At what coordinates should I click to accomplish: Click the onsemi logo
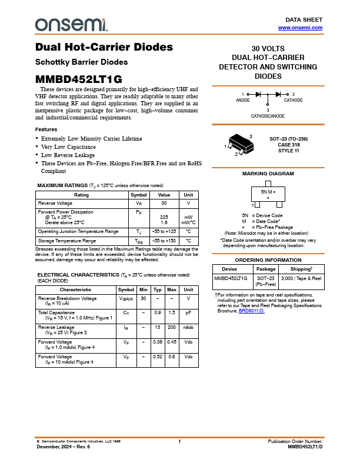click(71, 24)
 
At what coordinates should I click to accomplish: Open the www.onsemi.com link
click(300, 28)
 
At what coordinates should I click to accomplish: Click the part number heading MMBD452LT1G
click(79, 79)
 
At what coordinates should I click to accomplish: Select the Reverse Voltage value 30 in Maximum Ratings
click(164, 203)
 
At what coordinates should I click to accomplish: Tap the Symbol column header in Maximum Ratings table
click(139, 195)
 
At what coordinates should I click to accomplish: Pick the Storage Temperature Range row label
click(67, 241)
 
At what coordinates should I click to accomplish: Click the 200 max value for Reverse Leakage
click(172, 327)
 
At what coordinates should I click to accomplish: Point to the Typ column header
click(158, 289)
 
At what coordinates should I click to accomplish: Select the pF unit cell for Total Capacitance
click(188, 312)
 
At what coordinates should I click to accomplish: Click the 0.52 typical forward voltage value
click(158, 357)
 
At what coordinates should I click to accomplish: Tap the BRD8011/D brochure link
click(252, 310)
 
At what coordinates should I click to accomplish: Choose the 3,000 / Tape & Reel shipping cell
click(301, 278)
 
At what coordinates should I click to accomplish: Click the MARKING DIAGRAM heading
click(268, 174)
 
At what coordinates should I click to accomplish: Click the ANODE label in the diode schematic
click(243, 100)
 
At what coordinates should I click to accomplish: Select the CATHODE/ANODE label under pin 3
click(268, 116)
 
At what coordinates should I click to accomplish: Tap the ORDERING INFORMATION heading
click(268, 259)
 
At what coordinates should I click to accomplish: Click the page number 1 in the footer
click(180, 441)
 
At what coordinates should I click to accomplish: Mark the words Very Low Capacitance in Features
click(68, 147)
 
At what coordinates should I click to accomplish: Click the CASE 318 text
click(289, 144)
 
